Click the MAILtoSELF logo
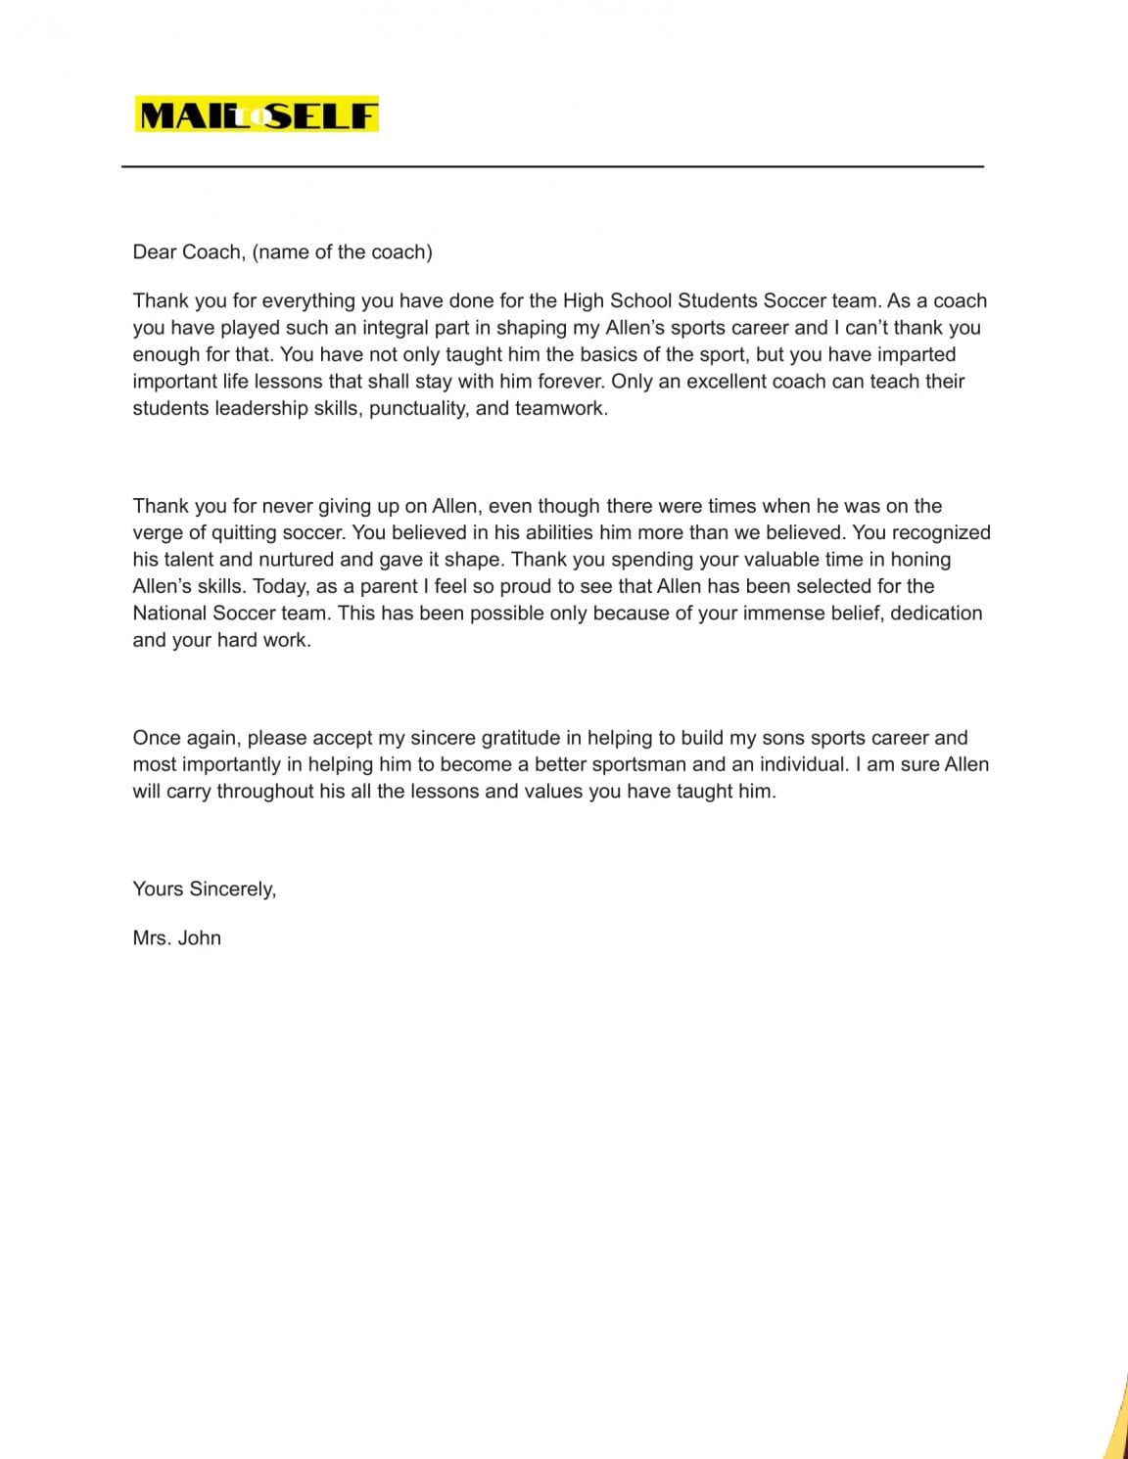coord(258,115)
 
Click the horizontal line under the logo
coord(552,166)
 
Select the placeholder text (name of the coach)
coord(342,251)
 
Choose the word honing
coord(920,560)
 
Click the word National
coord(169,614)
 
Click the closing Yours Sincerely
coord(205,889)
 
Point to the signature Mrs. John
coord(177,937)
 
